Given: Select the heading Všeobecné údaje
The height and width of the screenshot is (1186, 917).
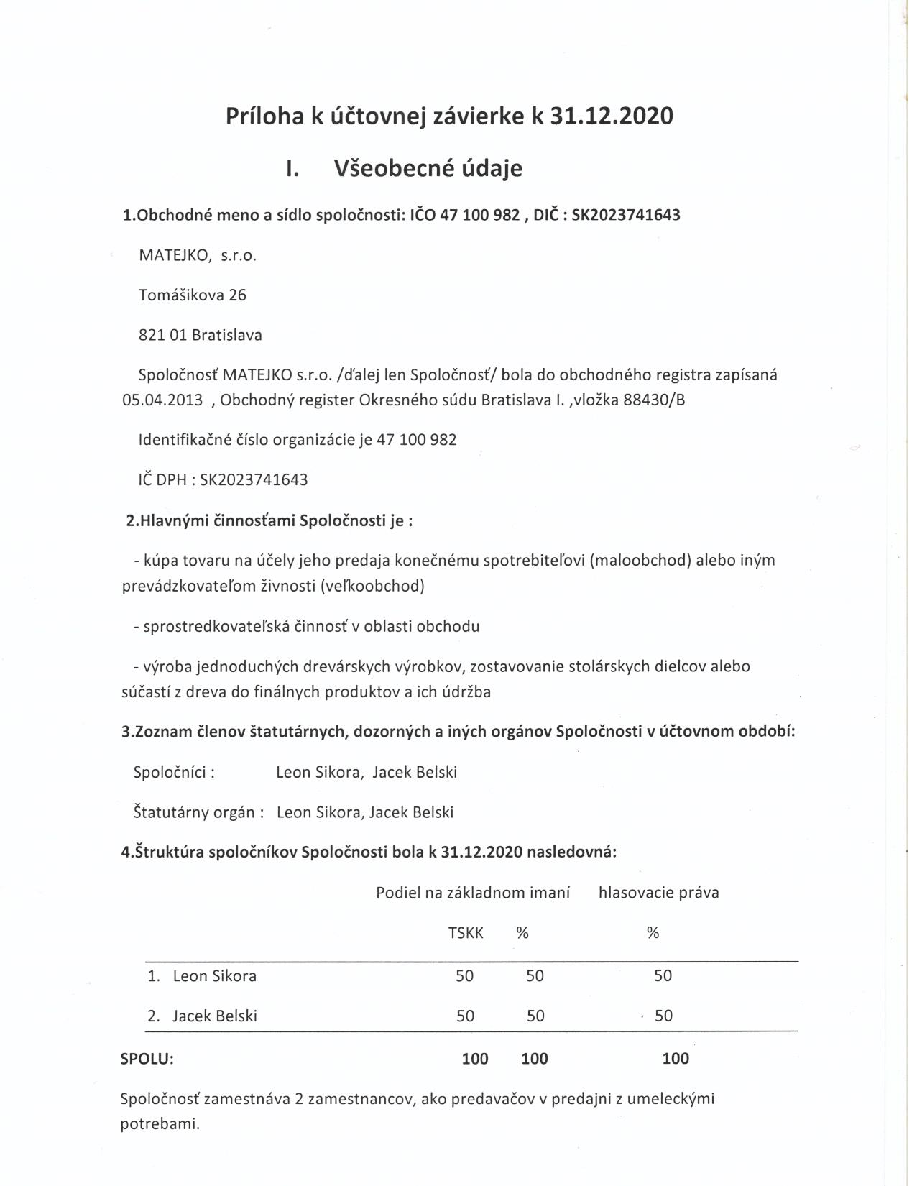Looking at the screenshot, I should click(x=428, y=168).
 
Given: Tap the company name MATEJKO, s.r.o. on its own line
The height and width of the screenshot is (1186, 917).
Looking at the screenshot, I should click(x=198, y=255).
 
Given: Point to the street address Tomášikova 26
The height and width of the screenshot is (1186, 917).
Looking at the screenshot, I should click(x=193, y=295).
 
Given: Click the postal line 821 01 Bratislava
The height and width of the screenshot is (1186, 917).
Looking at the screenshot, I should click(x=201, y=335).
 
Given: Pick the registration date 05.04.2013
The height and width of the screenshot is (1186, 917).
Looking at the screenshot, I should click(x=162, y=400).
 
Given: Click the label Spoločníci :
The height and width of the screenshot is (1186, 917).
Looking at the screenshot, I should click(x=175, y=772).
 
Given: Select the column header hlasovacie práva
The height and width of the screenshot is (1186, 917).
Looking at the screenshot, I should click(x=658, y=893).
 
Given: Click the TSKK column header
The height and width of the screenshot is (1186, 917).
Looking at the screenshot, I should click(x=466, y=933).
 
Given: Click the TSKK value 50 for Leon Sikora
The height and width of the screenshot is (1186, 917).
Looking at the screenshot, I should click(x=465, y=976).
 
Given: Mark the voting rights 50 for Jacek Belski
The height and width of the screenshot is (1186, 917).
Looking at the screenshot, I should click(x=663, y=1016).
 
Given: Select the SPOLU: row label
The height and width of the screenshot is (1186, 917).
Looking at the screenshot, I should click(x=147, y=1059).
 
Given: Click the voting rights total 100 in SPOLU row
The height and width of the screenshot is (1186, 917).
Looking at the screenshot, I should click(x=676, y=1059).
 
